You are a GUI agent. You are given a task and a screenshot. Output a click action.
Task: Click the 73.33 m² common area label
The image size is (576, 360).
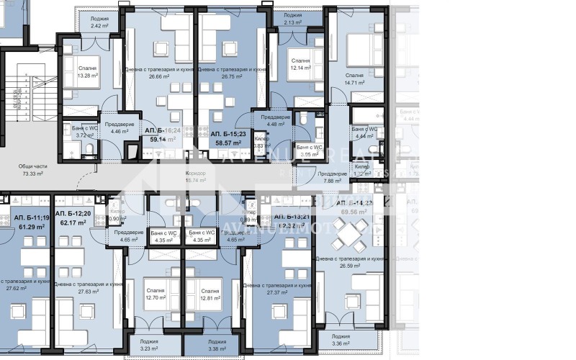pyautogui.click(x=31, y=169)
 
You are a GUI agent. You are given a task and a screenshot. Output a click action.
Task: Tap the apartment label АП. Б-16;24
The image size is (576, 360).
pyautogui.click(x=162, y=130)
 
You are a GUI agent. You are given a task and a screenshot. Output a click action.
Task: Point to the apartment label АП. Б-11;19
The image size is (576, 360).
pyautogui.click(x=32, y=217)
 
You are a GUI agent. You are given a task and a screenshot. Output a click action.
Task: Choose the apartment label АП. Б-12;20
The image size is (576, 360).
pyautogui.click(x=73, y=214)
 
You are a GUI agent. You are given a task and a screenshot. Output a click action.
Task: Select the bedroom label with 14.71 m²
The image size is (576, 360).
pyautogui.click(x=354, y=78)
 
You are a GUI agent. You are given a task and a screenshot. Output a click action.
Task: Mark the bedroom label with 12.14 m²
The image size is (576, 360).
pyautogui.click(x=300, y=66)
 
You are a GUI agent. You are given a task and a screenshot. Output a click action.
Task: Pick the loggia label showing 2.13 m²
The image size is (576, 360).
pyautogui.click(x=292, y=18)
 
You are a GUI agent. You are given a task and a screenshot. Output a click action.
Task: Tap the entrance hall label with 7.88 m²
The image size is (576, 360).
pyautogui.click(x=333, y=178)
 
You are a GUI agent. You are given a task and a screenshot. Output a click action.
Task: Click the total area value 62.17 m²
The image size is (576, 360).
pyautogui.click(x=73, y=223)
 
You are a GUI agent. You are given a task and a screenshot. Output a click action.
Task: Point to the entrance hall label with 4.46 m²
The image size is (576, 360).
pyautogui.click(x=114, y=127)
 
